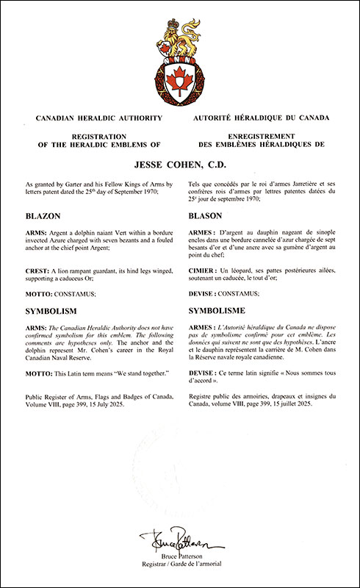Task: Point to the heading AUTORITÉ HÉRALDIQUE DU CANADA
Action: [261, 118]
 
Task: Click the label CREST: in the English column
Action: [37, 272]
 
